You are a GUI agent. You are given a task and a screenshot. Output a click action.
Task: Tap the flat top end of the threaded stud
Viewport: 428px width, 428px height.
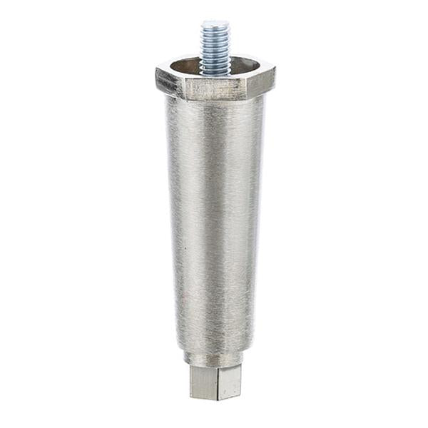point(214,24)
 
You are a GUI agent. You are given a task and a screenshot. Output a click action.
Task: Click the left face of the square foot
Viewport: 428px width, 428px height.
point(204,382)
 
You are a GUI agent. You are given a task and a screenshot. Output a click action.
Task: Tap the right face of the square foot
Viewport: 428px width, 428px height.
point(230,381)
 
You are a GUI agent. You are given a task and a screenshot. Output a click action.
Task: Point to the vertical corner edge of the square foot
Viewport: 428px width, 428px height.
point(218,382)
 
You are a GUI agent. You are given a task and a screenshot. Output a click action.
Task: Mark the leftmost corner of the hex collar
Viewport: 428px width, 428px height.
point(157,73)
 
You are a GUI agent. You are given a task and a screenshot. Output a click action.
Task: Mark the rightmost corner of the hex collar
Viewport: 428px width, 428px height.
point(275,71)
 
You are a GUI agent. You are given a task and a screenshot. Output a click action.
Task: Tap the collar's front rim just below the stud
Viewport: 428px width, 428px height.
point(215,78)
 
